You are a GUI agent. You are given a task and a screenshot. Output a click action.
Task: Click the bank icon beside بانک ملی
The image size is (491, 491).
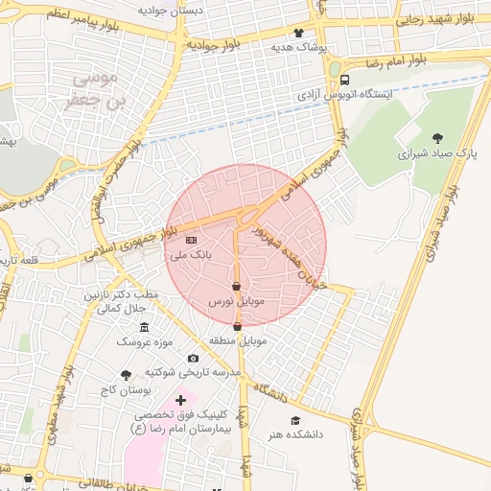[x=190, y=240]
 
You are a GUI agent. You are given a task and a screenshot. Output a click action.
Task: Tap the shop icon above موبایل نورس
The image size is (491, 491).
[x=237, y=286]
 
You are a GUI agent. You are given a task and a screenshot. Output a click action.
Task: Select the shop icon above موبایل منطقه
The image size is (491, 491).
[x=237, y=326]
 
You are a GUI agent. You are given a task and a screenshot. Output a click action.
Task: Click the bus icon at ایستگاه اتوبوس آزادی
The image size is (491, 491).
[x=344, y=81]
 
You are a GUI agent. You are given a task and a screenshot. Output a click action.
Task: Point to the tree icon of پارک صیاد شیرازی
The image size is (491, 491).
[x=438, y=137]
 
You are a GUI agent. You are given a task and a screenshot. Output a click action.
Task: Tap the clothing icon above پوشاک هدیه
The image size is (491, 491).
[x=298, y=33]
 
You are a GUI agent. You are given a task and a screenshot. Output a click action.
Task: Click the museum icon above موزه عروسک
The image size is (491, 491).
[x=145, y=327]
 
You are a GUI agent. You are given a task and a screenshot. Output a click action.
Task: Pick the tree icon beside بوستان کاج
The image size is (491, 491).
[x=126, y=374]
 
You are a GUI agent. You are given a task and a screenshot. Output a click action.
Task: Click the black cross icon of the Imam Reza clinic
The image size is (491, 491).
[x=180, y=399]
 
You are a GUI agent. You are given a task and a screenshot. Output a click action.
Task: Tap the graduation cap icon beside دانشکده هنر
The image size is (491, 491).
[x=295, y=420]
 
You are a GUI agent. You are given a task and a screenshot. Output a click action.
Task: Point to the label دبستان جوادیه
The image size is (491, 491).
[x=171, y=10]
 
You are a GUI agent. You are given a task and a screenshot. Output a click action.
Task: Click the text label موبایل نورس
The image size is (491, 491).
[x=236, y=302]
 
